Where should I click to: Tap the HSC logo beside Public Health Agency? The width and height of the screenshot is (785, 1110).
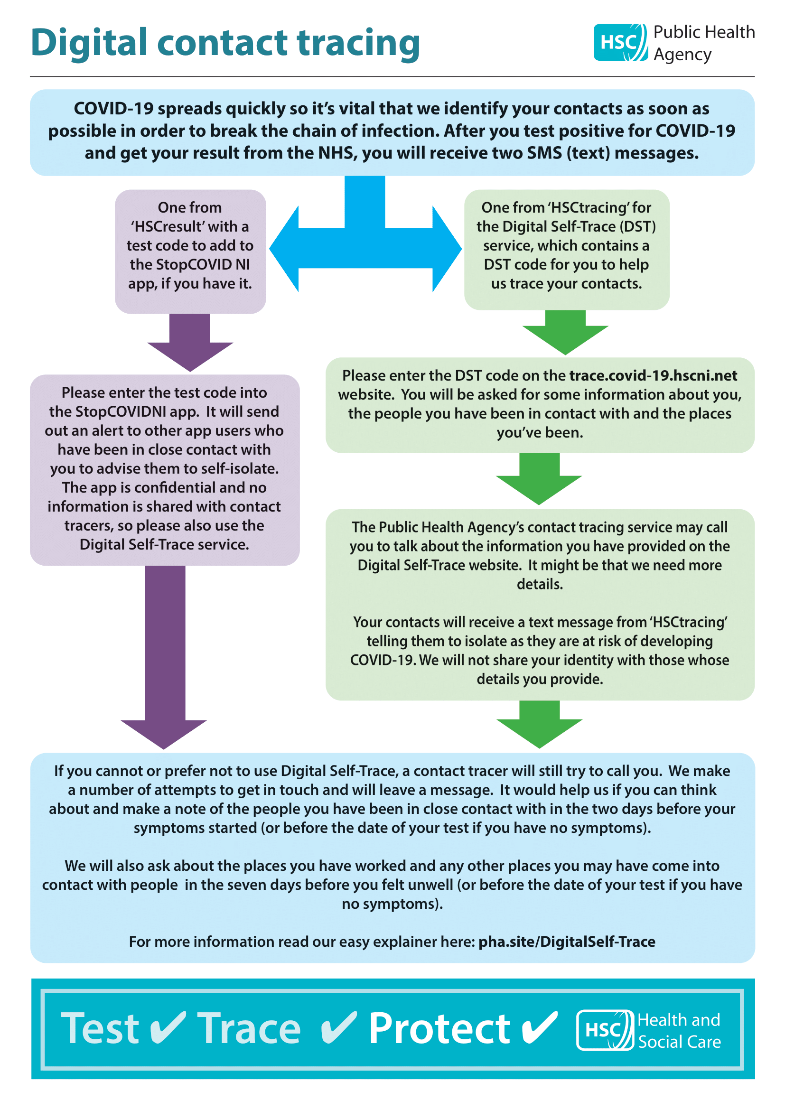[621, 43]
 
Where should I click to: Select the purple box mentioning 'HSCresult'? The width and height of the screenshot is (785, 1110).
[190, 251]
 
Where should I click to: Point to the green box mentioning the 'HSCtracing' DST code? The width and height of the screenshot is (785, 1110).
[567, 250]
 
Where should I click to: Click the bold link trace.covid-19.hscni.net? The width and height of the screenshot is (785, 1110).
[653, 375]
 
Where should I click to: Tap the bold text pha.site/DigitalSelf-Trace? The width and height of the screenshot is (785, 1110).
[567, 941]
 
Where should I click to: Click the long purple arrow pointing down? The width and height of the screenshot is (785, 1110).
[164, 657]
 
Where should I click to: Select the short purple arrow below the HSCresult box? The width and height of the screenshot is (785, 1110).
[190, 342]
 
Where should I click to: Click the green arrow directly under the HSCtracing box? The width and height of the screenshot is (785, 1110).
[565, 332]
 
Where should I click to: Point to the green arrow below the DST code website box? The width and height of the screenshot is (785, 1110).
[539, 479]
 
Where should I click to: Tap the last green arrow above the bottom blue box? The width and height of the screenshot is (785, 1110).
[540, 724]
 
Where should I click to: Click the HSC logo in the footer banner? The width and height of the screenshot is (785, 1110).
[605, 1030]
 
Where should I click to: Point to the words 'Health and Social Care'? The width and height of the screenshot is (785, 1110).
[679, 1030]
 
